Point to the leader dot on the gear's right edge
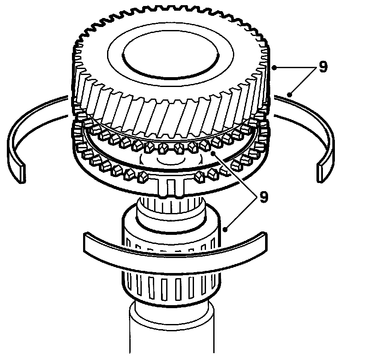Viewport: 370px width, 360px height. click(274, 67)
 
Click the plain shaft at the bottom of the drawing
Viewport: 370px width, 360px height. click(171, 334)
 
